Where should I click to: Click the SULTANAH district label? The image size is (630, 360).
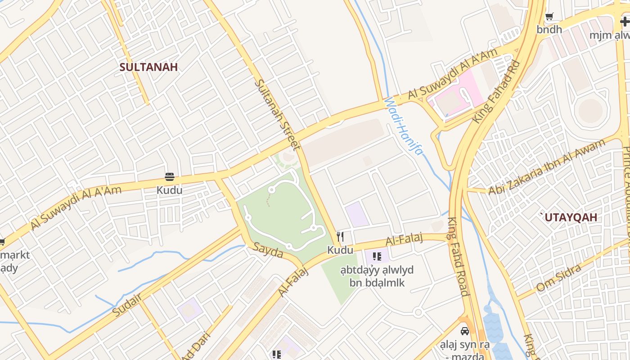coord(148,67)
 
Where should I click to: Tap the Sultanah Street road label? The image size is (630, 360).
coord(277,114)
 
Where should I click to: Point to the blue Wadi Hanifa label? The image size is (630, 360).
coord(404,127)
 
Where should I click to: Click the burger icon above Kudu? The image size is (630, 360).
coord(170,177)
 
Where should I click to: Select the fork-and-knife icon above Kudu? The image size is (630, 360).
coord(340,236)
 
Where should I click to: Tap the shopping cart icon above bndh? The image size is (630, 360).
coord(549,17)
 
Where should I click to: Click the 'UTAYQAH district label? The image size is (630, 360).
coord(569,217)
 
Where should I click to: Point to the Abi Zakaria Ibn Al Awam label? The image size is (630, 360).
coord(547,167)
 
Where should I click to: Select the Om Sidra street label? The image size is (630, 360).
coord(558,278)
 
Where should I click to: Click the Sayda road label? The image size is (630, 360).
coord(268,250)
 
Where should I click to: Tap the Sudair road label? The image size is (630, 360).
coord(127,305)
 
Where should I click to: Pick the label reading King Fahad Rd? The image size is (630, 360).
coord(496,92)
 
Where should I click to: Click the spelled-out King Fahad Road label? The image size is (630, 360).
coord(459,256)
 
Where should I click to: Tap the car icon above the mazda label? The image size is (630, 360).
coord(464,331)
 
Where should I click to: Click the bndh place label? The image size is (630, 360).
coord(549,30)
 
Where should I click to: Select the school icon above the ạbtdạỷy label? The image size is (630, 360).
coord(377,257)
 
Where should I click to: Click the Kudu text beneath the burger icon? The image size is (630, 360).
coord(170,190)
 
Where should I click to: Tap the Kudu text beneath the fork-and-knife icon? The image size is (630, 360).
coord(340,250)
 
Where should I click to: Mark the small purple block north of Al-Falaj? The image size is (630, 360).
coord(357,214)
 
